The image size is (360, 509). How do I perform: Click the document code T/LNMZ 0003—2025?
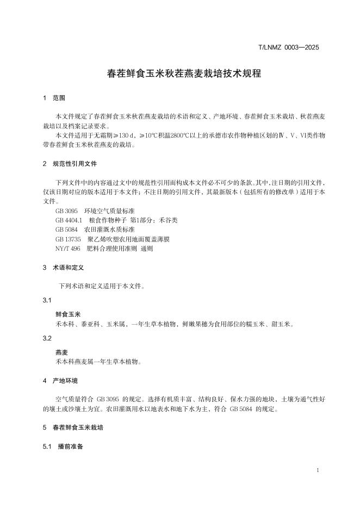pos(288,47)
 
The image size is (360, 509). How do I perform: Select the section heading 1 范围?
pos(54,98)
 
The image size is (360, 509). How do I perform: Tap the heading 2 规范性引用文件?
pos(70,164)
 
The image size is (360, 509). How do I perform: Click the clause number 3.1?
pos(47,301)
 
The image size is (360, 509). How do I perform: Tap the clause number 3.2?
pos(47,338)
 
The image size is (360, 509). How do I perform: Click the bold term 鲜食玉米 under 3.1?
pos(68,314)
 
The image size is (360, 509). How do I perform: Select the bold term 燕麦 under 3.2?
pos(62,352)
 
